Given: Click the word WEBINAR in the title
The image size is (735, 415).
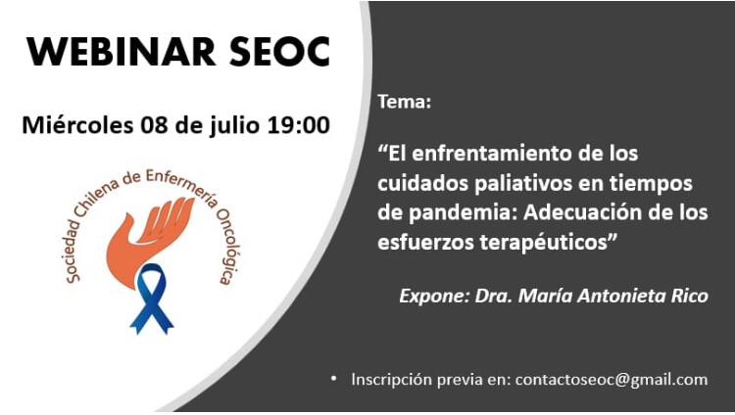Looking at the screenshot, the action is pos(121,52).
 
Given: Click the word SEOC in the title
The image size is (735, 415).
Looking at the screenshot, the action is pos(280,52).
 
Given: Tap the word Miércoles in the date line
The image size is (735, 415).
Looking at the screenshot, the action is pos(77,125).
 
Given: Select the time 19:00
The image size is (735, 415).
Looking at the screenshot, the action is pos(299,125).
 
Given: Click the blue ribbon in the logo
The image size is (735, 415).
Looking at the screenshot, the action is pos(151,299).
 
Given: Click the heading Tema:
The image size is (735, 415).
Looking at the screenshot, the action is pos(405,102).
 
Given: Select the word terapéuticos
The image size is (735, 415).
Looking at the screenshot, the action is pos(543,243).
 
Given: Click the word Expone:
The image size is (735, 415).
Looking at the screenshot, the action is pos(434,296).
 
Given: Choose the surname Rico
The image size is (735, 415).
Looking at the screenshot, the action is pos(690,296).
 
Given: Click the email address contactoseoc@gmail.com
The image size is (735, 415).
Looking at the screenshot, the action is pos(612,380).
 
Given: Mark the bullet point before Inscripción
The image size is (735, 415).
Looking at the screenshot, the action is pos(334,379).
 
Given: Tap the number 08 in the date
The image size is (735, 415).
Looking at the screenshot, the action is pos(154,125).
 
